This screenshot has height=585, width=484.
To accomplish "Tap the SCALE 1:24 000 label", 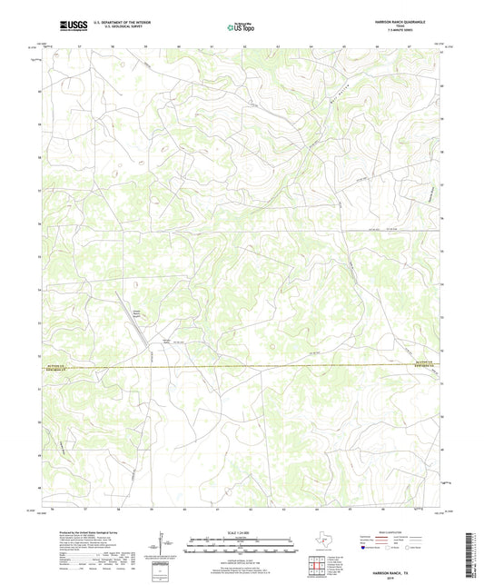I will pos(241,530).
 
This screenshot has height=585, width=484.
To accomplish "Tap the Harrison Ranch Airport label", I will pos(138,314).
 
